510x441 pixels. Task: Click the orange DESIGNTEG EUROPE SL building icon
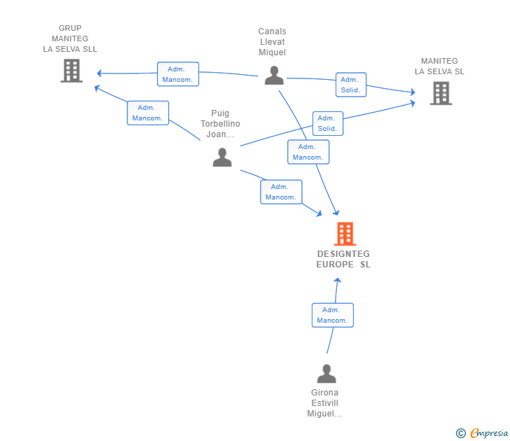click(345, 234)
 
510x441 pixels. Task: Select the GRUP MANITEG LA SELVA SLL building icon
click(71, 71)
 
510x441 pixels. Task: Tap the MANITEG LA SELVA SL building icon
click(441, 93)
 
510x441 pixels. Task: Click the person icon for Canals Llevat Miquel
click(274, 76)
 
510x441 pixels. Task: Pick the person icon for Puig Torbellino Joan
click(222, 157)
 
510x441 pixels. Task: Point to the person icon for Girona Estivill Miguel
click(326, 373)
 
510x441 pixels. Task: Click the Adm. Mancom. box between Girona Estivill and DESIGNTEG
click(332, 315)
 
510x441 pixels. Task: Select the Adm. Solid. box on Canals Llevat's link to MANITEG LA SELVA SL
click(351, 85)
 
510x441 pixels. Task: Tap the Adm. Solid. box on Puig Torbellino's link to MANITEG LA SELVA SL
click(328, 123)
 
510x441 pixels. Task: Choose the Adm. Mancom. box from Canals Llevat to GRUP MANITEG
click(178, 74)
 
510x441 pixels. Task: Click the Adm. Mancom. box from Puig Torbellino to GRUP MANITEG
click(148, 113)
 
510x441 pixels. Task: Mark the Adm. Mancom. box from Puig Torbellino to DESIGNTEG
click(281, 192)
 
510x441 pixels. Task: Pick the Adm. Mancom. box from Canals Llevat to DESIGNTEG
click(308, 152)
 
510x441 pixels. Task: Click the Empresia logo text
click(489, 433)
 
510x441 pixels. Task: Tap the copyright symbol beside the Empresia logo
click(461, 433)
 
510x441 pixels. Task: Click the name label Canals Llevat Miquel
click(273, 42)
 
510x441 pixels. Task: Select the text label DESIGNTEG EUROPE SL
click(343, 259)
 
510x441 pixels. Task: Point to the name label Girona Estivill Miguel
click(324, 403)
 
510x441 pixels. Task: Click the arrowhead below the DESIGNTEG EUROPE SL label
click(338, 281)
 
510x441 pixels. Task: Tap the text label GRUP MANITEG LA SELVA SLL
click(70, 38)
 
